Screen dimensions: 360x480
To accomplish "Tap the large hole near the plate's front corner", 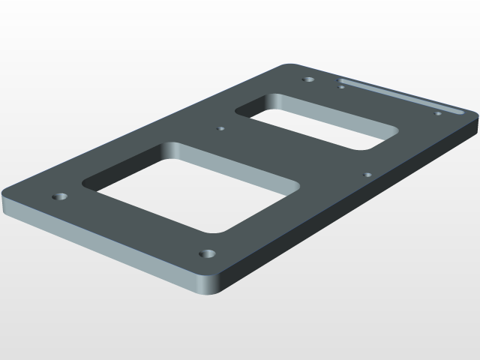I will (208, 254).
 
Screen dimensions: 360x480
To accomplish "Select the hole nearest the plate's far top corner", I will (308, 79).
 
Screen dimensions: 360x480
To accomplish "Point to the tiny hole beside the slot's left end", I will (342, 87).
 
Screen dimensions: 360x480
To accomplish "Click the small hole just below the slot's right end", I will (438, 113).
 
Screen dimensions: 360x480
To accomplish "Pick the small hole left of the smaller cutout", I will (220, 128).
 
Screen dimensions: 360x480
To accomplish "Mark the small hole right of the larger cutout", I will (367, 175).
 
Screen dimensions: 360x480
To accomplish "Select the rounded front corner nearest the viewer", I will (210, 289).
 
